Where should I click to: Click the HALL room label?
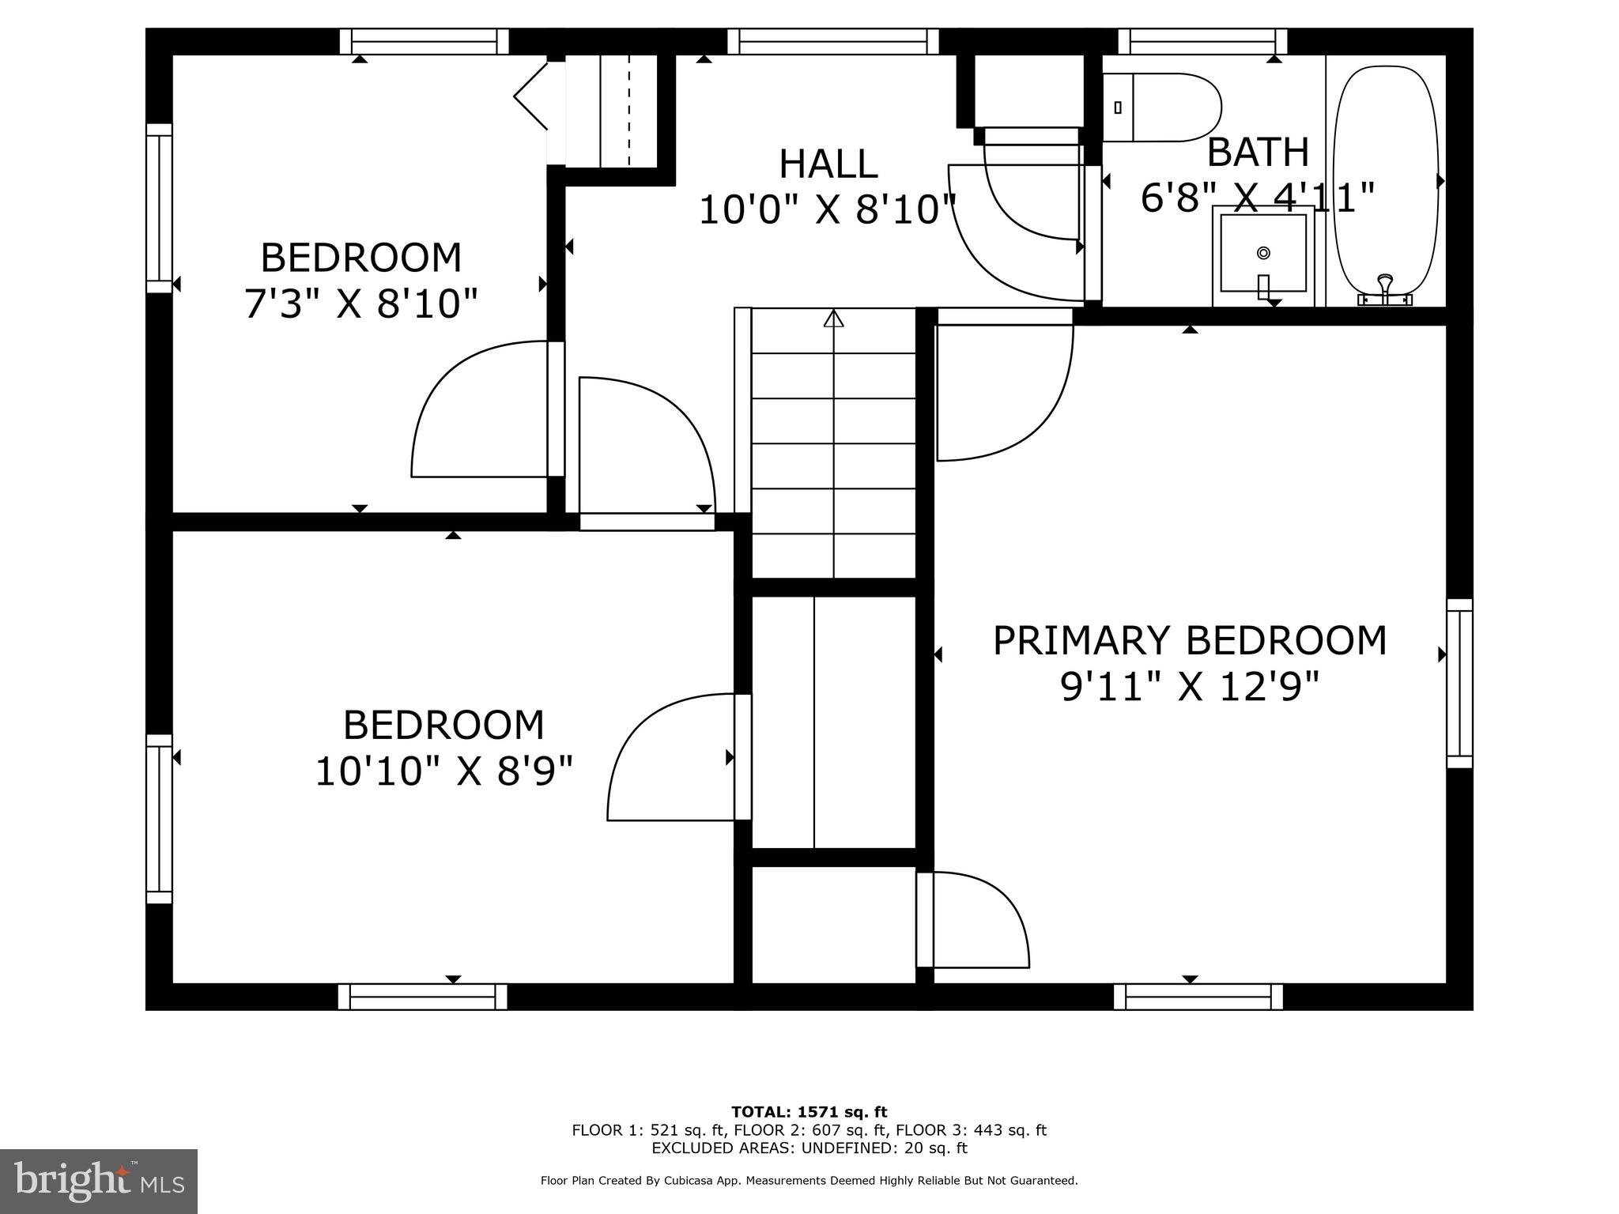828,164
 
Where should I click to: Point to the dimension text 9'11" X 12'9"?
1189,686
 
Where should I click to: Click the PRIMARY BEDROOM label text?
1189,640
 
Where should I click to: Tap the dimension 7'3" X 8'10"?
360,303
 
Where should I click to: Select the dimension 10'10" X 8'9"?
443,771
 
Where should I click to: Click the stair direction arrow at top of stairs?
833,319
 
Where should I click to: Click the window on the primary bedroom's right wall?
1459,683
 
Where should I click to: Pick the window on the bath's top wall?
1202,41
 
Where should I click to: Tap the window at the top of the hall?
832,41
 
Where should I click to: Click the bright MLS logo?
99,1181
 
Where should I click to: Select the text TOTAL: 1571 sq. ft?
809,1112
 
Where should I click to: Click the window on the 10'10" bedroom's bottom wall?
422,997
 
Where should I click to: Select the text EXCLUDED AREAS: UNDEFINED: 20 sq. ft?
809,1148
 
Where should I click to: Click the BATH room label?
1257,152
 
